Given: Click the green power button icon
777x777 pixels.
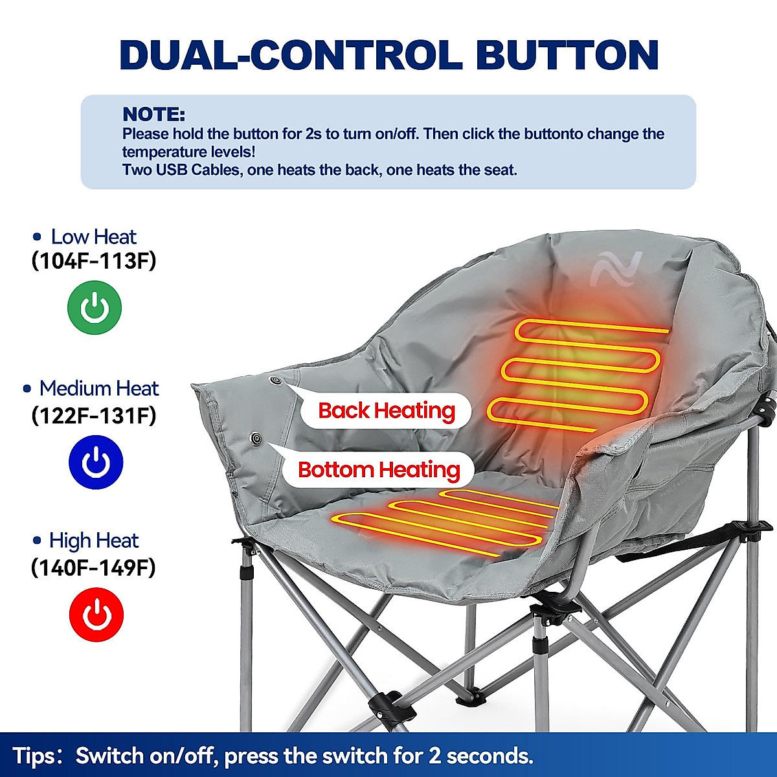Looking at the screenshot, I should point(95,308).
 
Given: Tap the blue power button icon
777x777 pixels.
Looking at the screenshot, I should point(96,462).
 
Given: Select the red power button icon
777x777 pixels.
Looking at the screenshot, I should point(96,614).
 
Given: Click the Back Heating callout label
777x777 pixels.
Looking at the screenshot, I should point(387,411).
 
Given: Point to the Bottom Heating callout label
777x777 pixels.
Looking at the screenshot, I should point(379,469).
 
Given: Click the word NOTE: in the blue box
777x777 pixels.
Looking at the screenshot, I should point(154,115).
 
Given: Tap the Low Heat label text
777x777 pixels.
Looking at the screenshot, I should point(93,237).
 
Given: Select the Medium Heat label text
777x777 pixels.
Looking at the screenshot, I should point(98,388).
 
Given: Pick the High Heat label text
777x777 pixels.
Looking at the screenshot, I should point(94,541).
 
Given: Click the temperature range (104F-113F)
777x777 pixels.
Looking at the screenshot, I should point(94,261).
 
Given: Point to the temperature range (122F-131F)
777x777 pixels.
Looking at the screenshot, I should point(94,415).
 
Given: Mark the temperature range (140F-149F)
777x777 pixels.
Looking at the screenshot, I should point(94,568).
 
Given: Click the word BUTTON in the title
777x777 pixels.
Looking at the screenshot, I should point(567,56).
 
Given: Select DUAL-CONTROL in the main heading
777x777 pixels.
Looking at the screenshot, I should point(291,56).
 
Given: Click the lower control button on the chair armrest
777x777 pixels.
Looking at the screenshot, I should point(256,439).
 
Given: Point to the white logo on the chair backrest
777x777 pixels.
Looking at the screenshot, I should point(615,268).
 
